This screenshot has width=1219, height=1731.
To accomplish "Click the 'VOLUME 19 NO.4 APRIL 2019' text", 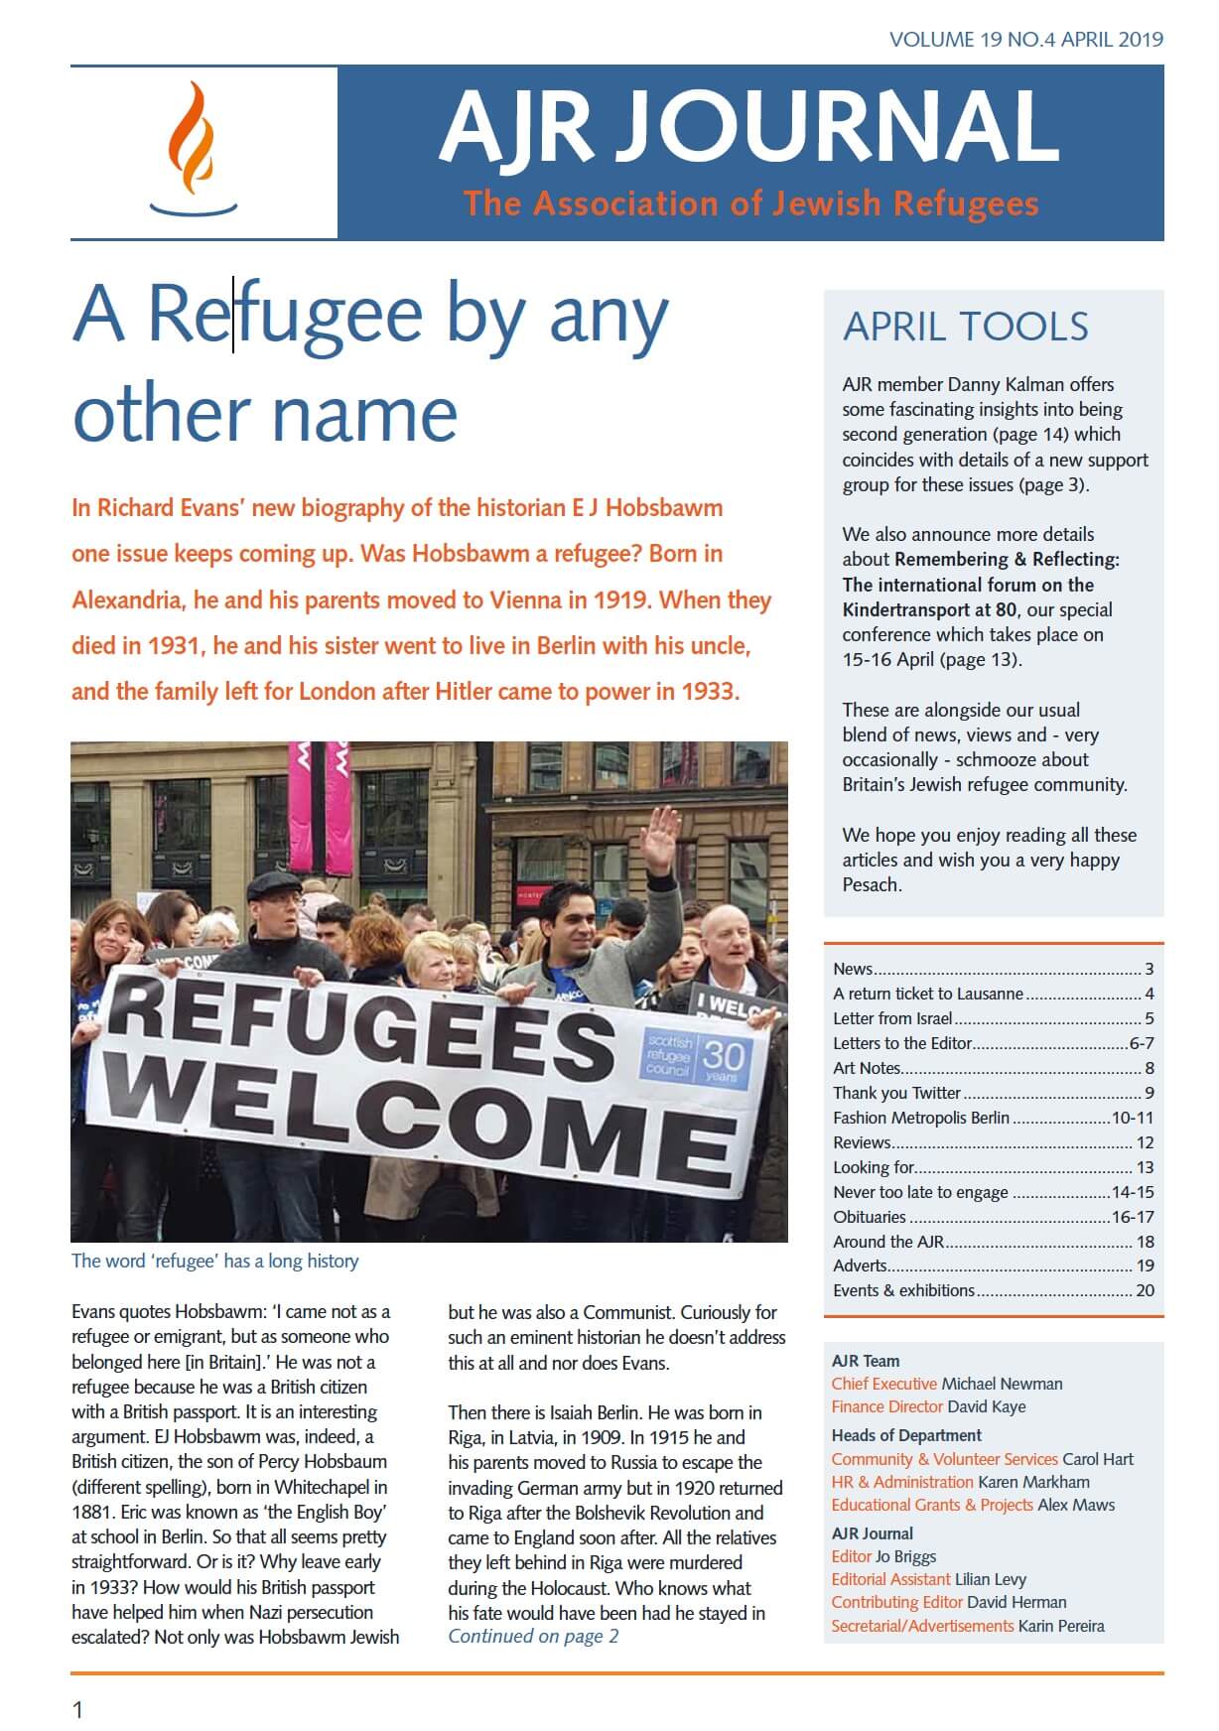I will (1025, 40).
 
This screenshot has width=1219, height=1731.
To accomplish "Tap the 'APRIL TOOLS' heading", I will (965, 327).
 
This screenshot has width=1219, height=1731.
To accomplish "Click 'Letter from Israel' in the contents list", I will (892, 1018).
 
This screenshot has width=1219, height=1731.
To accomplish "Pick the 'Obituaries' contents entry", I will (870, 1217).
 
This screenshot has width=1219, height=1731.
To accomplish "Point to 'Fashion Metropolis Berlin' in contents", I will (920, 1118).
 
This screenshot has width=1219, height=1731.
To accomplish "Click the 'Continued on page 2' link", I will (533, 1636).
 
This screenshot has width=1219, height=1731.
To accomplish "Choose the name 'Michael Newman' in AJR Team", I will (1002, 1384).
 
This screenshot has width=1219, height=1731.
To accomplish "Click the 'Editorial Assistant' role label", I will (890, 1579).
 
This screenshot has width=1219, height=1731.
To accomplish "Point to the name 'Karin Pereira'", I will (1061, 1626).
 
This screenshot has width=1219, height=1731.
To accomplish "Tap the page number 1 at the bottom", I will (77, 1708).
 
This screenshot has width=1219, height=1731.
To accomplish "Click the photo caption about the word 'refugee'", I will (214, 1262).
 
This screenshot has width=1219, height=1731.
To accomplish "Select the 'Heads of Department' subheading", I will (906, 1435).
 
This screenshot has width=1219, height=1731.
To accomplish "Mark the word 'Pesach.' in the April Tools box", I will (872, 884).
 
